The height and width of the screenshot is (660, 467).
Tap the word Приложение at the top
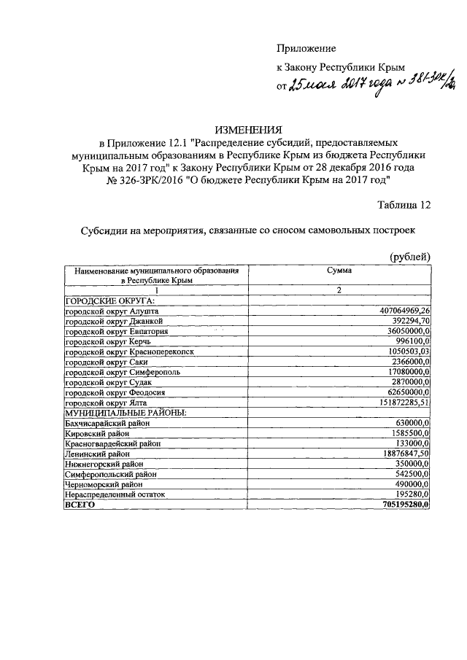tap(306, 49)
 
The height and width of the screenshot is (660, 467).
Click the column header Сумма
tap(339, 270)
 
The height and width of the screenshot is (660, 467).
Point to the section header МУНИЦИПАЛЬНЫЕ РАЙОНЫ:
tap(126, 413)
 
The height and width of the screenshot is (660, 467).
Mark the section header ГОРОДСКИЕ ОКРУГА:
tap(109, 300)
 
